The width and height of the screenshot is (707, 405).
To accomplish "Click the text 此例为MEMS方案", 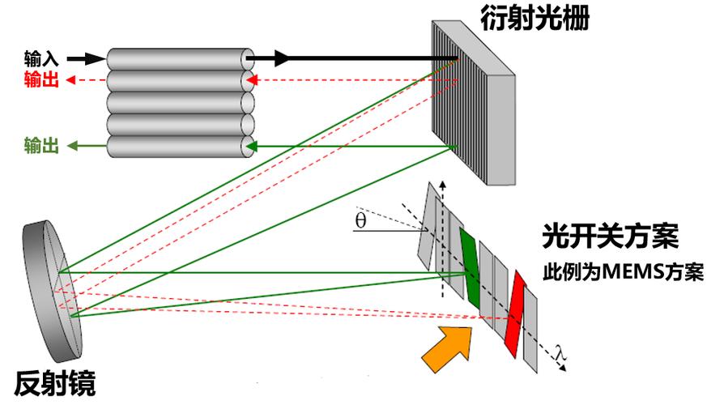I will tap(623, 272).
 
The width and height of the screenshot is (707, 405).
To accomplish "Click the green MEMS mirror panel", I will tap(470, 264).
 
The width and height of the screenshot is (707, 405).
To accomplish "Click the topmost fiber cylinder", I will tap(178, 59).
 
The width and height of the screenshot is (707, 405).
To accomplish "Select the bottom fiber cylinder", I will tap(178, 147).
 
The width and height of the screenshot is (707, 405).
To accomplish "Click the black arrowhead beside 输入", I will tap(96, 59).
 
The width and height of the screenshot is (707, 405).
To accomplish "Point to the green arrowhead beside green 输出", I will tap(71, 147).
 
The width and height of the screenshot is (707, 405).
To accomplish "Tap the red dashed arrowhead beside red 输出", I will tap(71, 79).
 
